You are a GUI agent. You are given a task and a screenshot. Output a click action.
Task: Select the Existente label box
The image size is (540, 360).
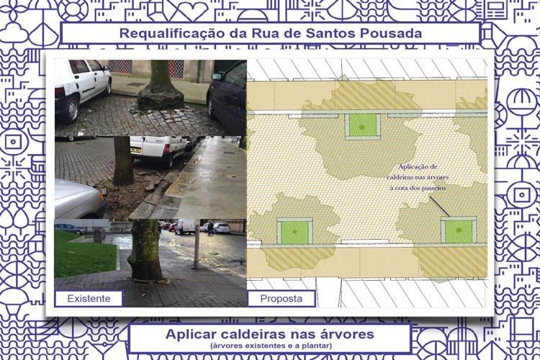(89, 298)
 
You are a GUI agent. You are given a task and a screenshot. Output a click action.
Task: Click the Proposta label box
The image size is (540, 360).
(282, 298)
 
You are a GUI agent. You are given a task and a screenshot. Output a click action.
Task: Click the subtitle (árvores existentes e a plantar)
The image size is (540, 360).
(271, 346)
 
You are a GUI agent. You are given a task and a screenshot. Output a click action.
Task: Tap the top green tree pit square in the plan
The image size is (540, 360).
(363, 125)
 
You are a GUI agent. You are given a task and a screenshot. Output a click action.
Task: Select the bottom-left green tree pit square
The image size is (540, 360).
(294, 232)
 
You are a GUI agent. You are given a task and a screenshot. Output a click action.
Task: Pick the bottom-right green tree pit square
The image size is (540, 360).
(459, 231)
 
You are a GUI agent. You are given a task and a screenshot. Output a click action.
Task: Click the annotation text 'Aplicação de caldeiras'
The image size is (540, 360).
(418, 171)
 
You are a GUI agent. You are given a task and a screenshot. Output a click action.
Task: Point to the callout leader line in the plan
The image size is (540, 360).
(439, 207)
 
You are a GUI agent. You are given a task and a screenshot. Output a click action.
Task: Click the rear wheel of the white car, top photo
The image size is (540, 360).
(71, 109)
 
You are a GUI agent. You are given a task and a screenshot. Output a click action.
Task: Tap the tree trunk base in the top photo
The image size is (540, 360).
(161, 97)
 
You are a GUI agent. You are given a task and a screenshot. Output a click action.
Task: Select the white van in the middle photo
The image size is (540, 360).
(158, 150)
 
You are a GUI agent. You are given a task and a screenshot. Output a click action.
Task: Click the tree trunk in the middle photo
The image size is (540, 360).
(122, 161)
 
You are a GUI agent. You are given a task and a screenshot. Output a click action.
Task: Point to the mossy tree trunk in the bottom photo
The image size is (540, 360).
(145, 250)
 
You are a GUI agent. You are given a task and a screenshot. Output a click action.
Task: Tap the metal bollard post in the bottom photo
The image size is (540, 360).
(197, 246)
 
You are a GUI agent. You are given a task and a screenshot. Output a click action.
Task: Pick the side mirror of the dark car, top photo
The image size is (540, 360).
(217, 76)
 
